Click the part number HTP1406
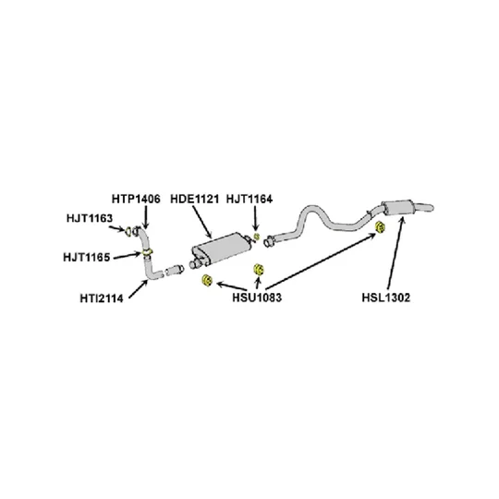[136, 200]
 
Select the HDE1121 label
[194, 200]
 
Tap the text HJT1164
[249, 200]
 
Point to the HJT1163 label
[90, 218]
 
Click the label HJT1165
[87, 257]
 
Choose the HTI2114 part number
[102, 298]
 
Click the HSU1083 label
[257, 298]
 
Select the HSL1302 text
[386, 298]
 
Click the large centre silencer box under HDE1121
[220, 247]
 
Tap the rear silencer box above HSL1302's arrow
[397, 208]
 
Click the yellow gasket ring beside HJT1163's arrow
[128, 231]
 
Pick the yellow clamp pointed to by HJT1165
[147, 252]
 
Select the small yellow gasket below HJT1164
[257, 237]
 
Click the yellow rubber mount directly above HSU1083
[258, 270]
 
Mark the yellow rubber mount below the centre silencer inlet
[207, 280]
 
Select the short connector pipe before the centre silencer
[175, 270]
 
